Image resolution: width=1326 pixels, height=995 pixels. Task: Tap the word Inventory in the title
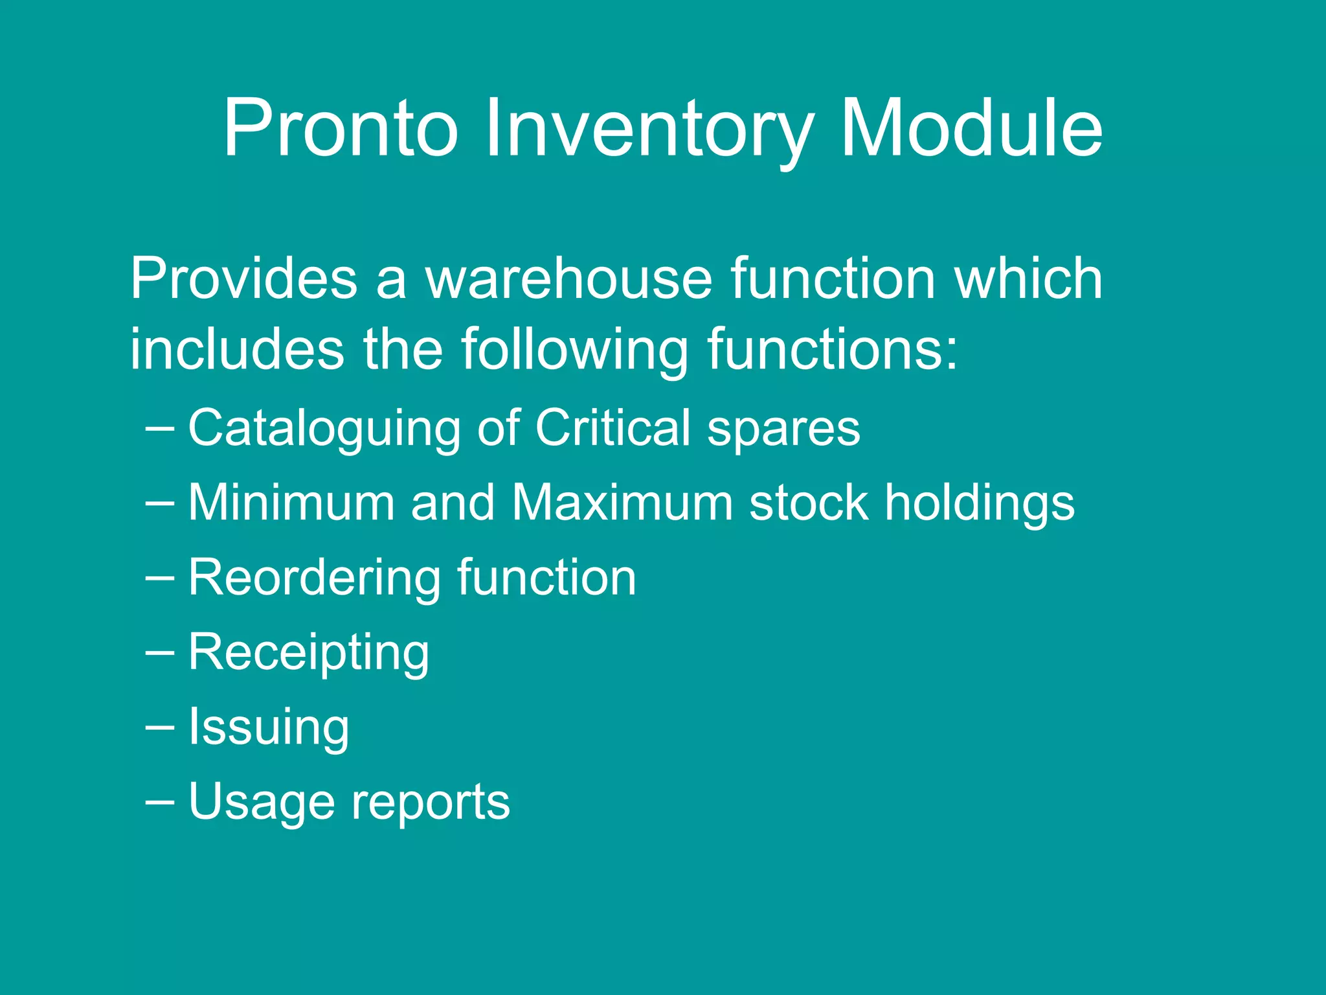coord(649,130)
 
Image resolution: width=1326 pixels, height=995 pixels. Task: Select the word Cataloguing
coord(324,429)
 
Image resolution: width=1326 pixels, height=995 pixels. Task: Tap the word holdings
coord(980,504)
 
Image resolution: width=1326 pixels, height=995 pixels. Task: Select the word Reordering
coord(315,578)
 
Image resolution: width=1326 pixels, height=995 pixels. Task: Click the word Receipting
coord(308,653)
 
